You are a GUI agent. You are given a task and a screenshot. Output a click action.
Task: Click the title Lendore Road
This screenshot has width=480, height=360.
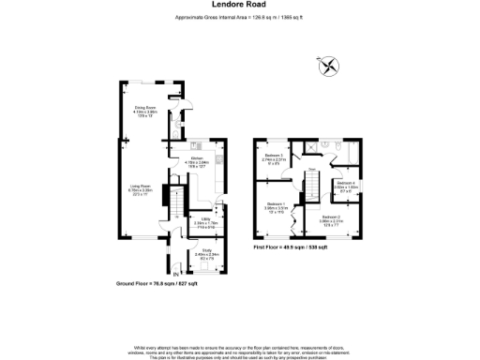tap(239, 5)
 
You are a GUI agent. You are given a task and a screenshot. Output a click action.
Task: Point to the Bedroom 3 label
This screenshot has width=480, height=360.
tap(274, 157)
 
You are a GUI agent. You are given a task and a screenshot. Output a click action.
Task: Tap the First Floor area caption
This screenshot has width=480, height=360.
tap(290, 247)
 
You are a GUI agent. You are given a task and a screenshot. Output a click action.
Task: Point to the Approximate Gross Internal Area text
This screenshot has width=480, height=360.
tap(239, 18)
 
